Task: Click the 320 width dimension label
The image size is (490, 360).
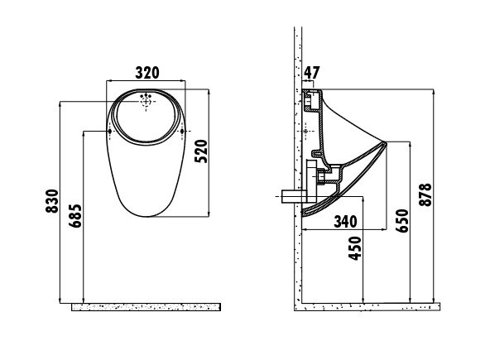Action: coord(147,73)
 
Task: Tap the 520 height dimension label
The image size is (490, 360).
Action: coord(201,151)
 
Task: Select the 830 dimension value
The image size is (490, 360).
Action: coord(52,201)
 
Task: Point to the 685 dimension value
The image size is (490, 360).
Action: coord(75,216)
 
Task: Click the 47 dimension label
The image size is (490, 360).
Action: coord(311,73)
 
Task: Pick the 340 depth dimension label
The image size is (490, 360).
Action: coord(345,222)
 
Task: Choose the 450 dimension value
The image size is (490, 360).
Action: coord(355,248)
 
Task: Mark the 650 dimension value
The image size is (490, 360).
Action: coord(402,221)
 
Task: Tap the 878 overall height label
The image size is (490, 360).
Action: coord(425,194)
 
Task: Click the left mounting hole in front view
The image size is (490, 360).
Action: coord(110,132)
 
